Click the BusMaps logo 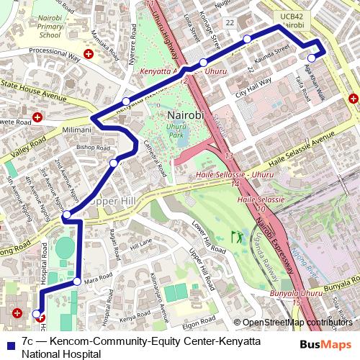pyautogui.click(x=325, y=343)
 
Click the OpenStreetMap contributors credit pyautogui.click(x=299, y=323)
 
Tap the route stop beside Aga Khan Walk pyautogui.click(x=312, y=58)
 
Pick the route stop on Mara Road pyautogui.click(x=77, y=281)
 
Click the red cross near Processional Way pyautogui.click(x=89, y=54)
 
